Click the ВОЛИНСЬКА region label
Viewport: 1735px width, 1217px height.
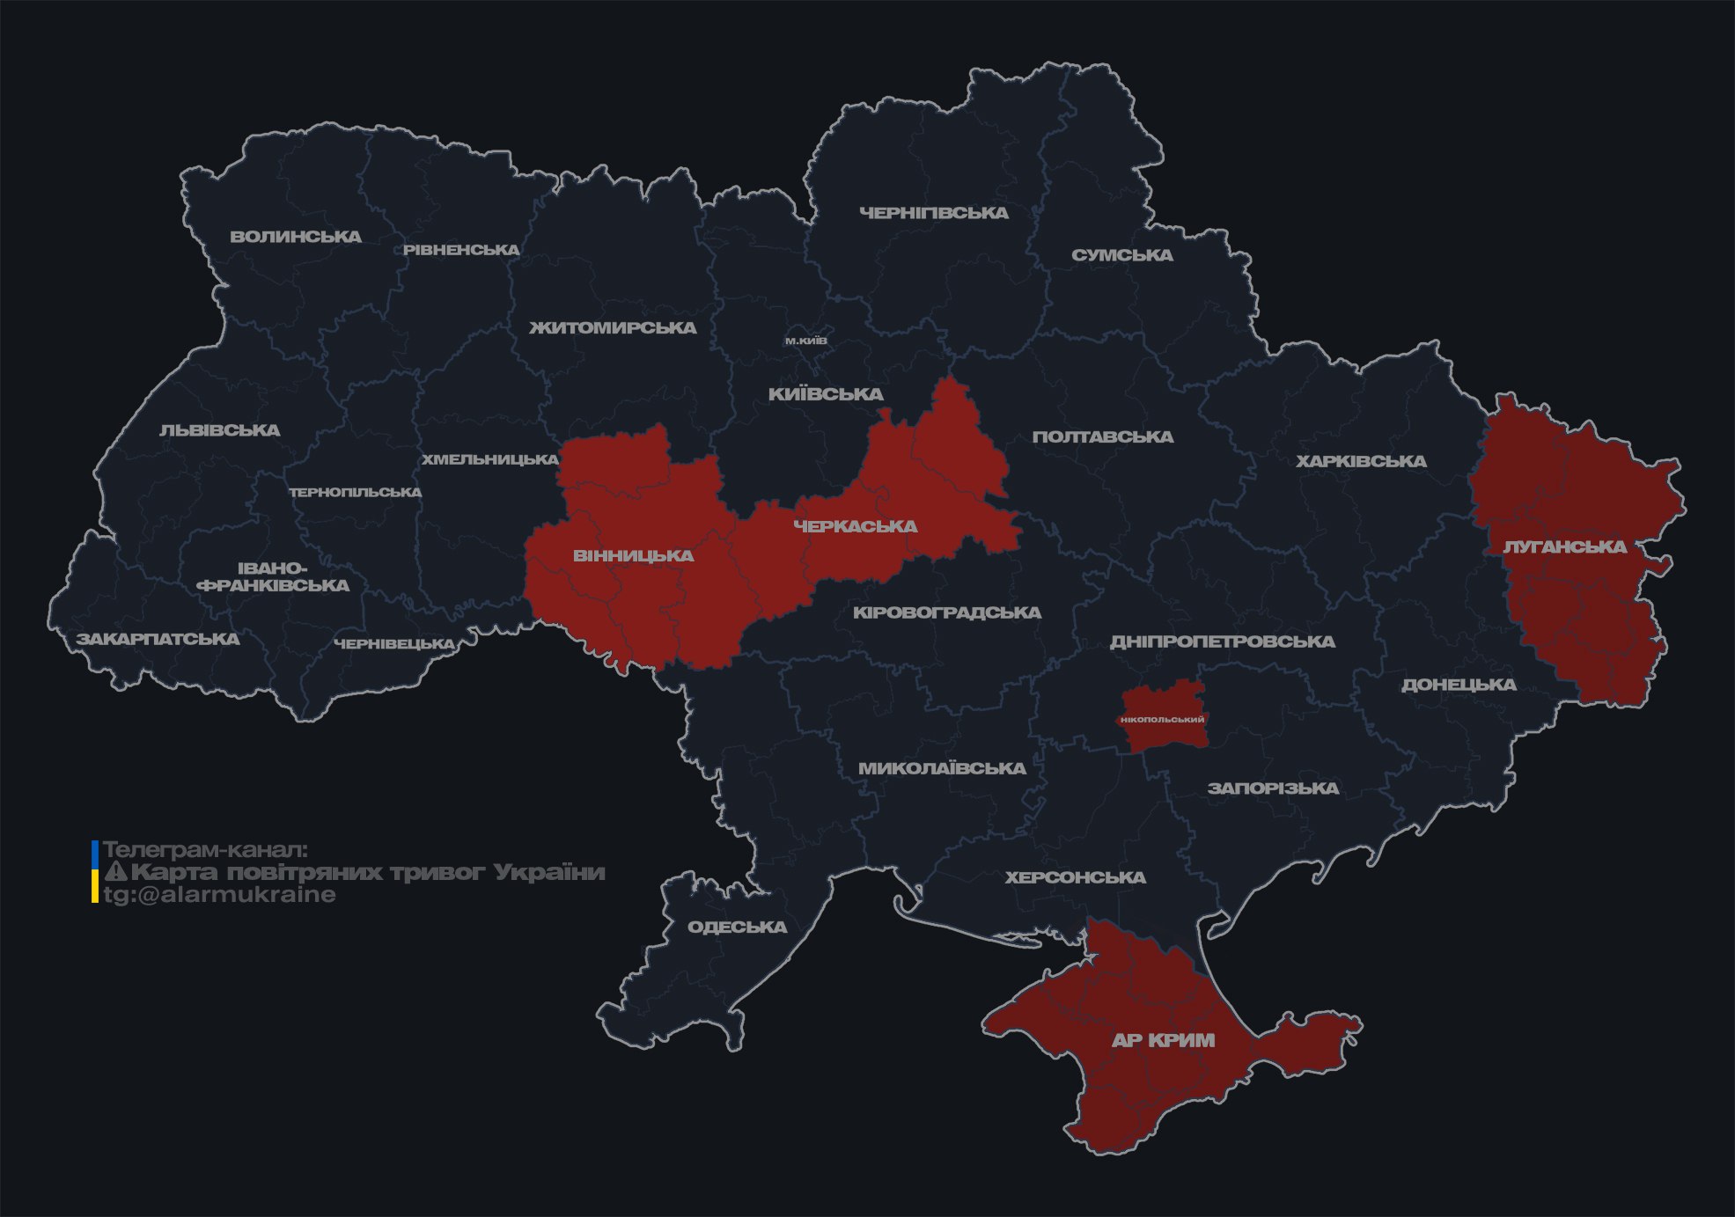[296, 237]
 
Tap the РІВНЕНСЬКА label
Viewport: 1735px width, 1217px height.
[461, 250]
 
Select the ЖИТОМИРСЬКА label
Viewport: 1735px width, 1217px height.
[613, 328]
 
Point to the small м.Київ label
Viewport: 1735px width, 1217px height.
[805, 341]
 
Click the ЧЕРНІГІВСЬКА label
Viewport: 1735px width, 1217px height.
[933, 213]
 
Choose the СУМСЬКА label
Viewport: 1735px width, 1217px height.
[1121, 255]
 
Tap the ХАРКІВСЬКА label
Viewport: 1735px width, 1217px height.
[1361, 461]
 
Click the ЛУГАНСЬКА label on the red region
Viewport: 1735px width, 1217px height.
[1564, 546]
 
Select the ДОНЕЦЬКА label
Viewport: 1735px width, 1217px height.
[1459, 685]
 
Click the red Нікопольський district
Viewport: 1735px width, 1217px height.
[1162, 719]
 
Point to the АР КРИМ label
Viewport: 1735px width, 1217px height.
[1163, 1040]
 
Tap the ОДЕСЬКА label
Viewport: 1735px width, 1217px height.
[737, 927]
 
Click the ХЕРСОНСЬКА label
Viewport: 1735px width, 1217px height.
[1075, 877]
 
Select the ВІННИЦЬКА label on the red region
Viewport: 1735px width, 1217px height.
[633, 556]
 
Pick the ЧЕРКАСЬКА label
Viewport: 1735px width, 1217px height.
[855, 526]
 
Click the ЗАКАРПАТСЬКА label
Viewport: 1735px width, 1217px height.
[158, 639]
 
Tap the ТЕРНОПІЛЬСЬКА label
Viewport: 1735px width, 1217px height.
[356, 492]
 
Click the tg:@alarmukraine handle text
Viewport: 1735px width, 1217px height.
[219, 895]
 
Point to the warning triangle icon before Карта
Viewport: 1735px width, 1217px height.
[115, 872]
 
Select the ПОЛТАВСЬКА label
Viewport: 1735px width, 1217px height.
[1102, 436]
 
